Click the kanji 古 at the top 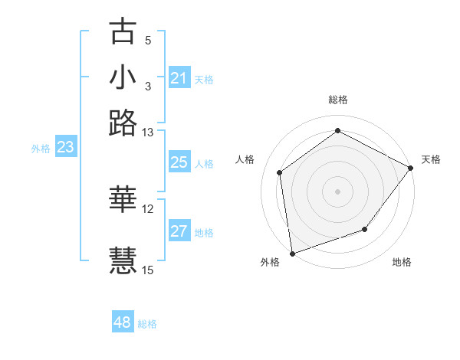123,31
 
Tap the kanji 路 123,123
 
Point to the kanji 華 123,199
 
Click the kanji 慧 123,260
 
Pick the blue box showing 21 179,78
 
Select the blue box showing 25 179,162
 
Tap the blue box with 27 179,231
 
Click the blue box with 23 65,148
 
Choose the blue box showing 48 122,322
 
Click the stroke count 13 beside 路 148,133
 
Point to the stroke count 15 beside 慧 148,270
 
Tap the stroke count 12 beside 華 148,208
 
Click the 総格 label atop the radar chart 338,100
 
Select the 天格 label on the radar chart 431,159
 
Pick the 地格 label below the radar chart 402,262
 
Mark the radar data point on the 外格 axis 292,253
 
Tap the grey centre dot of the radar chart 338,191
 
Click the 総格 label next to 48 147,324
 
